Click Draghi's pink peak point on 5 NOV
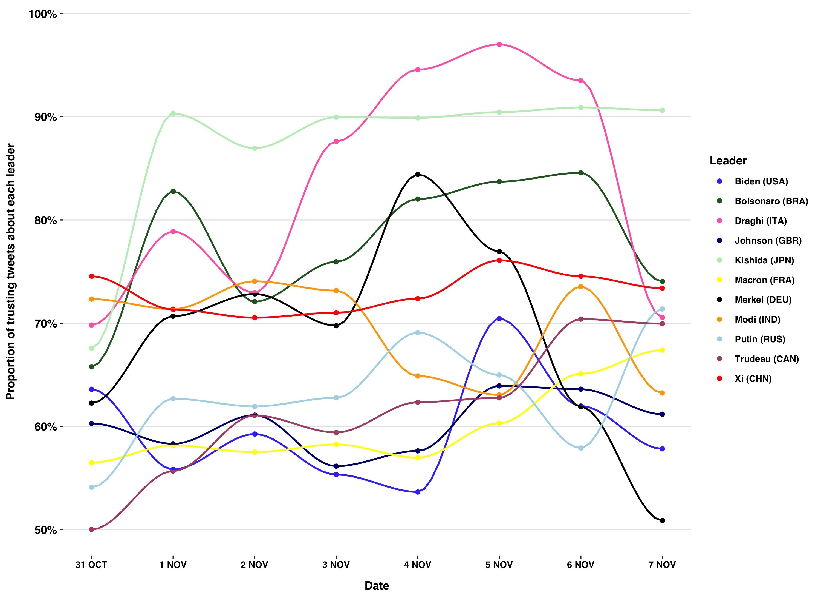tap(499, 44)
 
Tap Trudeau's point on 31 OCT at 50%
tap(92, 529)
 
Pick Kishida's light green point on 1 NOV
tap(173, 113)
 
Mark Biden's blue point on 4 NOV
tap(418, 492)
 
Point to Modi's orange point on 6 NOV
tap(581, 286)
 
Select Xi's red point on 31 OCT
tap(92, 276)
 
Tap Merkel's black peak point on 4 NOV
tap(418, 174)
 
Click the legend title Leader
tap(728, 161)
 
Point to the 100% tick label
tap(43, 14)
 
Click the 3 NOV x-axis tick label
tap(336, 565)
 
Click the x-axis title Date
tap(377, 586)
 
